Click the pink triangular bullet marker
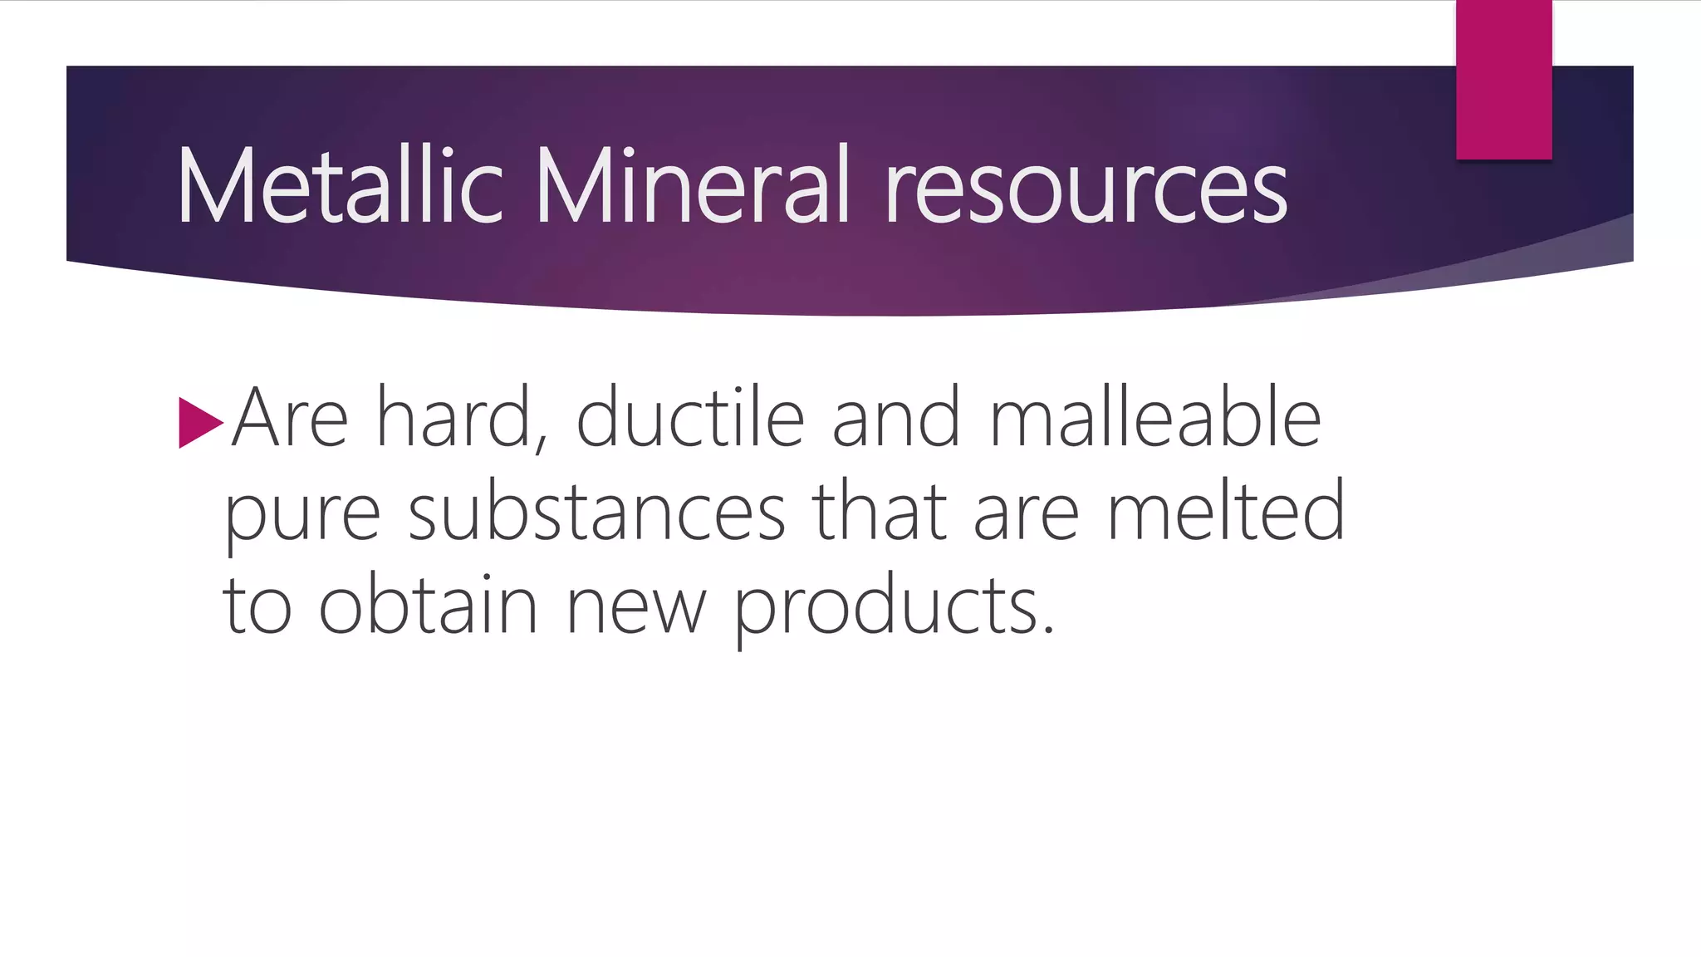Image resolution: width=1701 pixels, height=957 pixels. [199, 423]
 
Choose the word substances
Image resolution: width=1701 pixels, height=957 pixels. [596, 513]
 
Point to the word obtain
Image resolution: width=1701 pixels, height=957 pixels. [429, 605]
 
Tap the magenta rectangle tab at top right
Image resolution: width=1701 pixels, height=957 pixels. [1503, 79]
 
